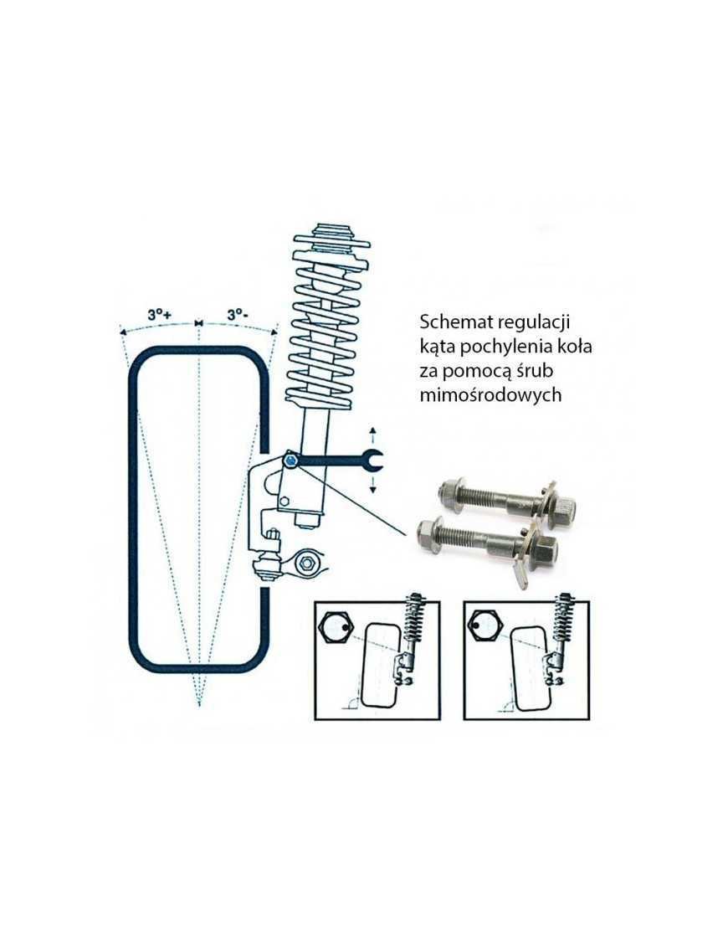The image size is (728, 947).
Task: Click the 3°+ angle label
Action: [x=160, y=315]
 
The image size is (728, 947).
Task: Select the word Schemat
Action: [x=455, y=322]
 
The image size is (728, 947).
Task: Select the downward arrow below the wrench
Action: [x=372, y=484]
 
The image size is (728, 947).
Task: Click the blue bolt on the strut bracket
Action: [x=291, y=462]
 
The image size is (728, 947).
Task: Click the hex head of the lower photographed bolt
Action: [x=546, y=548]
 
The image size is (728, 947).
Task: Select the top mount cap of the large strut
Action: [x=332, y=232]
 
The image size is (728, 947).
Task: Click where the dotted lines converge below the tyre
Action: [x=199, y=703]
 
